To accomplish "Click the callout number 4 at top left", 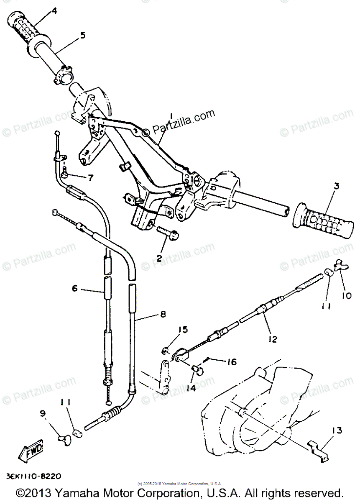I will point(54,11).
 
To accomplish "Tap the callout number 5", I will point(82,35).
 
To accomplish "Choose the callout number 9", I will point(43,414).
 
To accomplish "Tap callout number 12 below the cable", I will point(273,339).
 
